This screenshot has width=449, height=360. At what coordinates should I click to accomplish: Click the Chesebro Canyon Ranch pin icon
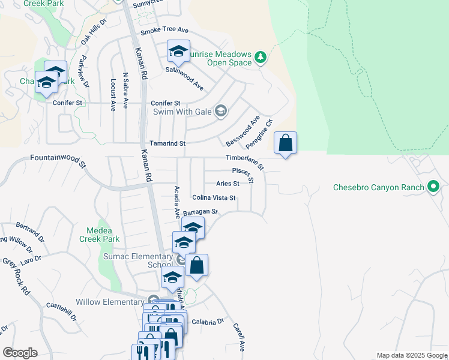[x=433, y=187]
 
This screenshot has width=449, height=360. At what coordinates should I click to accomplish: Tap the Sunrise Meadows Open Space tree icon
[x=260, y=57]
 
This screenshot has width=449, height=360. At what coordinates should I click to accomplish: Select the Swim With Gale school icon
[x=221, y=111]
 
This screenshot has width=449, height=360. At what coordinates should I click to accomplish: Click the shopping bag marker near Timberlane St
[x=286, y=143]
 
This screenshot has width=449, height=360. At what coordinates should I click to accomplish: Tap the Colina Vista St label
[x=214, y=197]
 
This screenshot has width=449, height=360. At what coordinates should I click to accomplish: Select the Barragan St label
[x=200, y=212]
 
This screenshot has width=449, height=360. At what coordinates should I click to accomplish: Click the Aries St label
[x=228, y=184]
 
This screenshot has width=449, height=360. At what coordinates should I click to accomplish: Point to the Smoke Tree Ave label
[x=164, y=31]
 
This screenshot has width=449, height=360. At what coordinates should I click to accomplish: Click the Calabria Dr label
[x=208, y=322]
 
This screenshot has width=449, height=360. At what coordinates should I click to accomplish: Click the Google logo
[x=20, y=353]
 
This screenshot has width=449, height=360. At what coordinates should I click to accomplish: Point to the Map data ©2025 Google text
[x=412, y=355]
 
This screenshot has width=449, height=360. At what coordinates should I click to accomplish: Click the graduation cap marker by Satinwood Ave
[x=178, y=52]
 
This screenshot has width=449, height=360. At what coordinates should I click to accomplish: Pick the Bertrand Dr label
[x=30, y=230]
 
